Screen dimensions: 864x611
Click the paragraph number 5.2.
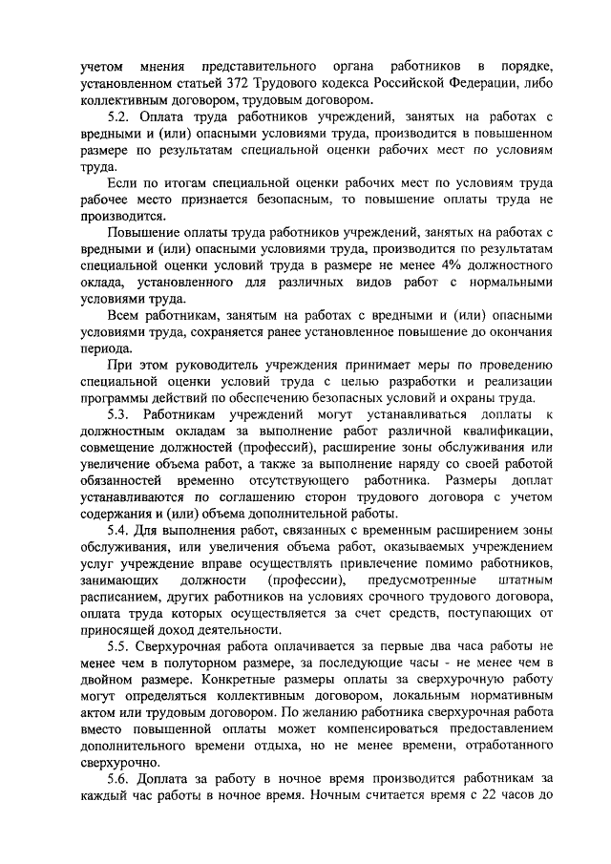(120, 116)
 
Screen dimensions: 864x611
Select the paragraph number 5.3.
(119, 413)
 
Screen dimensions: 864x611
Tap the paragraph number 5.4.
(119, 529)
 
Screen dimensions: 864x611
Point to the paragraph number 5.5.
(119, 644)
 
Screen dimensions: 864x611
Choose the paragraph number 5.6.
(119, 776)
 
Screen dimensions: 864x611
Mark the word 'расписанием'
(119, 595)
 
